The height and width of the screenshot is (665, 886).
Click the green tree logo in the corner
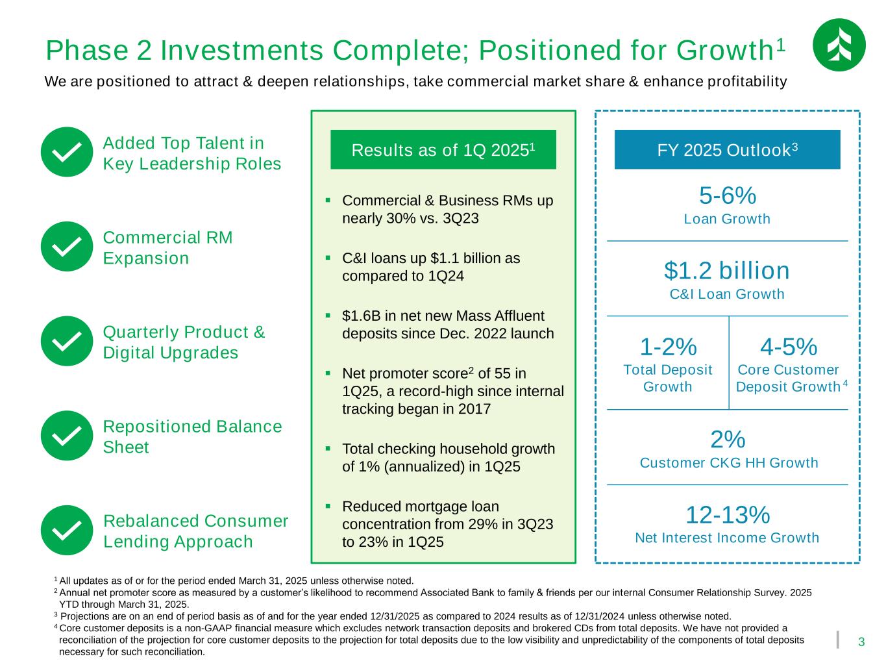click(839, 45)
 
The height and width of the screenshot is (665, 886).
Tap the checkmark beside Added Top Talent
click(66, 152)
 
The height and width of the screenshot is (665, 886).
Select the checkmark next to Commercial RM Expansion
click(66, 246)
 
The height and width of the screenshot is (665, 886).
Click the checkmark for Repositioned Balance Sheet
click(66, 436)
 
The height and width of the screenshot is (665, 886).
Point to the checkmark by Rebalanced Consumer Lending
click(66, 530)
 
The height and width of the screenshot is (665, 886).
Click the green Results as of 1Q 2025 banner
click(443, 150)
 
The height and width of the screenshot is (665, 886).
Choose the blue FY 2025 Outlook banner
click(727, 150)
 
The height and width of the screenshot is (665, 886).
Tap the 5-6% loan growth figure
click(727, 195)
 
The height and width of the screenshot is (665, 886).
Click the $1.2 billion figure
click(727, 270)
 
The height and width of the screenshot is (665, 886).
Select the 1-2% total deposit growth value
click(668, 347)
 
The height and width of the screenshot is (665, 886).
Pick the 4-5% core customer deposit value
click(788, 347)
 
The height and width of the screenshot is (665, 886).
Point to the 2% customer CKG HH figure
click(727, 440)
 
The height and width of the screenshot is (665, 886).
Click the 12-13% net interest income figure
click(727, 515)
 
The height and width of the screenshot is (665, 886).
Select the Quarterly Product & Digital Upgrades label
click(184, 342)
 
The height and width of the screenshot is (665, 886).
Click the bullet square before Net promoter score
click(328, 373)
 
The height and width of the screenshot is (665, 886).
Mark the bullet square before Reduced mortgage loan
click(328, 505)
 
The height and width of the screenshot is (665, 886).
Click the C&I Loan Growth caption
click(727, 294)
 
